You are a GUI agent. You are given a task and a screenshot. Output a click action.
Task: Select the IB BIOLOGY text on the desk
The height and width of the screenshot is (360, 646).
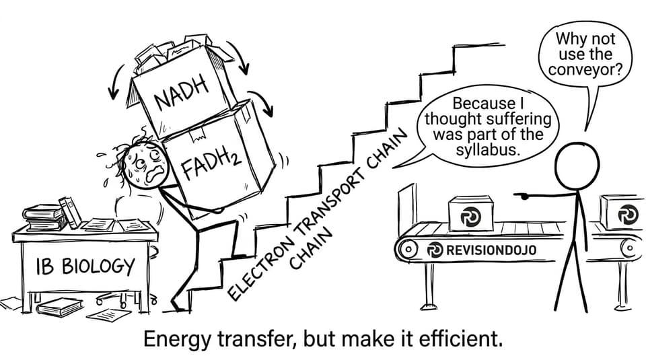click(x=85, y=266)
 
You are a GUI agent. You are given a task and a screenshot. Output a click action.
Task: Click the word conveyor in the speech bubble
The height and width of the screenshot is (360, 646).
click(x=585, y=69)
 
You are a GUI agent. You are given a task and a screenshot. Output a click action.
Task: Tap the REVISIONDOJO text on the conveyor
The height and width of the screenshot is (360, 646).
click(x=491, y=250)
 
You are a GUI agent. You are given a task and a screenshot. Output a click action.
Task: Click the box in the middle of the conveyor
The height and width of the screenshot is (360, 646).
click(x=470, y=213)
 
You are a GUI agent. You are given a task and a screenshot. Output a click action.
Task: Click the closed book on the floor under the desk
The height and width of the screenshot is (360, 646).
click(x=60, y=306)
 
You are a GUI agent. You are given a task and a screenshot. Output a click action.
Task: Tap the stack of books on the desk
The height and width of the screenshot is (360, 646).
click(x=45, y=217)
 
